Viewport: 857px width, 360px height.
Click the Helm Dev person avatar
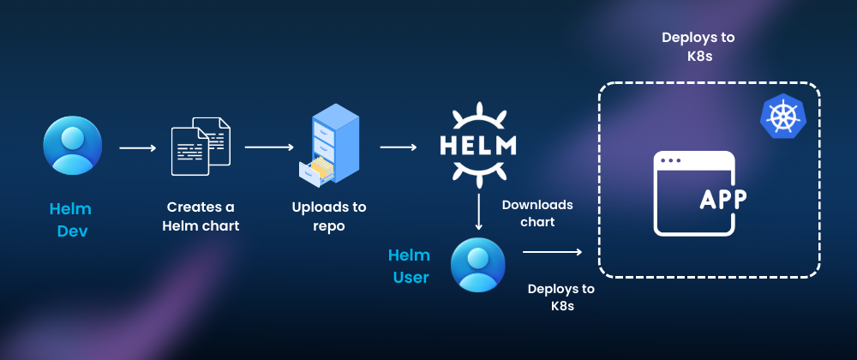tap(73, 145)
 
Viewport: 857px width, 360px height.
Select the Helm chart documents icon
tap(201, 145)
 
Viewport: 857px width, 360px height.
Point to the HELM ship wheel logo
tap(478, 144)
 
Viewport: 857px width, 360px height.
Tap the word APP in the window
tap(722, 199)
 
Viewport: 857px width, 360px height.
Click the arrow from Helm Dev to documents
tap(137, 148)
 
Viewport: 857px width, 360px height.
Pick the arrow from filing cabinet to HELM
tap(399, 147)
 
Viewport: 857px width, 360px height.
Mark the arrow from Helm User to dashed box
tap(553, 252)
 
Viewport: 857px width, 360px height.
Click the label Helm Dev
tap(70, 219)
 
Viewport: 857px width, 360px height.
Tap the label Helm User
tap(409, 266)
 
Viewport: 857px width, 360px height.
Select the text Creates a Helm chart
tap(201, 217)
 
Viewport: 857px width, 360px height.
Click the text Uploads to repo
tap(328, 217)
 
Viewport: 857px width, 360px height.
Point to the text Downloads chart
tap(537, 213)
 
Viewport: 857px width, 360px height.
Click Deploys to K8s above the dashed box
tap(698, 48)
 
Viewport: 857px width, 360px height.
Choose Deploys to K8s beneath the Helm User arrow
tap(561, 297)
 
